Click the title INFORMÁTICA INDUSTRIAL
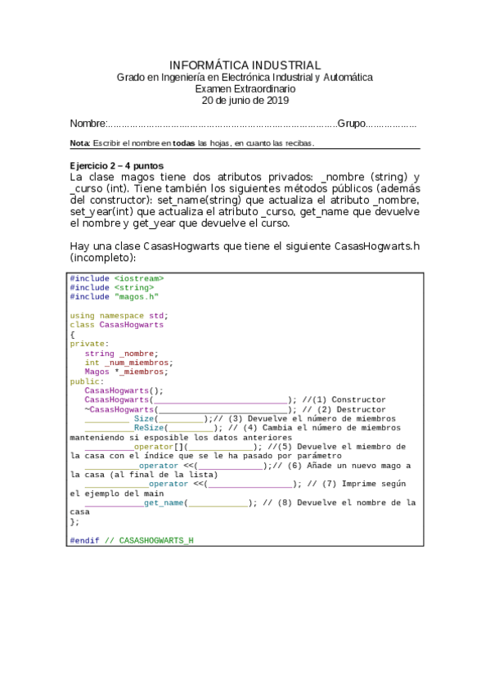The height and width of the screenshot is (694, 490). (x=245, y=65)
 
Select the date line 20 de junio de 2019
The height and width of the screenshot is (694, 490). (x=245, y=101)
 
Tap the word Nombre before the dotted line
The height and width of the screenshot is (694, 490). (x=88, y=124)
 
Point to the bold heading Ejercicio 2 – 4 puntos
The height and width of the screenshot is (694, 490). (x=116, y=165)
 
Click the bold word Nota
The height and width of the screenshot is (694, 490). (x=80, y=144)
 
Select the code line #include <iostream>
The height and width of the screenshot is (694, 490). (x=116, y=278)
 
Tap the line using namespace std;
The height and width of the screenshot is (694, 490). (x=119, y=315)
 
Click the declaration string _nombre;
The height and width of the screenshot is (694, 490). (x=121, y=354)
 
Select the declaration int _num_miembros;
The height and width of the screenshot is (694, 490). (x=128, y=363)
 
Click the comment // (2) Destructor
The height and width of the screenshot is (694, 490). (x=343, y=409)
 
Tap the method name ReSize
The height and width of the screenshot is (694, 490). (x=148, y=427)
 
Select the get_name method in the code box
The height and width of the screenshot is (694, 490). (x=164, y=502)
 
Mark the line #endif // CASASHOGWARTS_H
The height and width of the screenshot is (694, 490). (x=132, y=540)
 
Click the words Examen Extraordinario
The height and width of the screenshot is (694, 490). (x=245, y=88)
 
